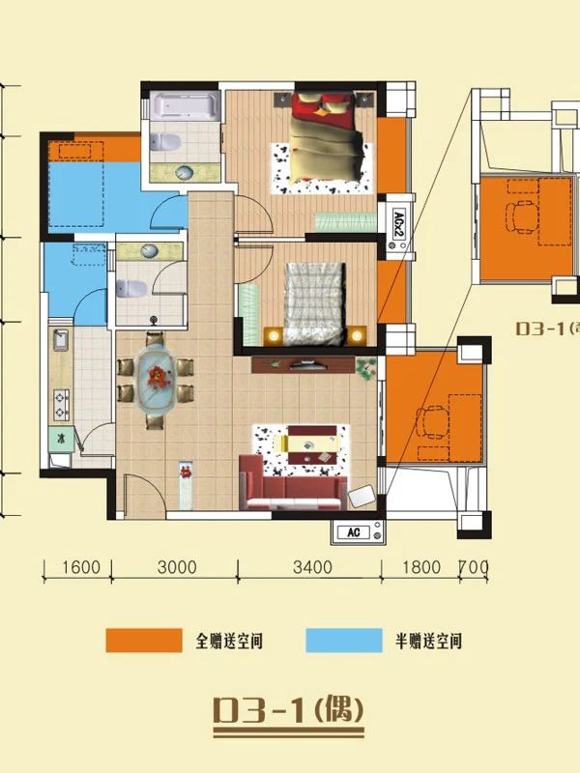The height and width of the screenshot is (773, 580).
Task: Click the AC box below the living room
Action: [x=358, y=531]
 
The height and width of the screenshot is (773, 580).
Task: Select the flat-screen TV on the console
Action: [x=307, y=365]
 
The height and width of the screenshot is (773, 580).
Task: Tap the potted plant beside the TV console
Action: [x=366, y=366]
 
